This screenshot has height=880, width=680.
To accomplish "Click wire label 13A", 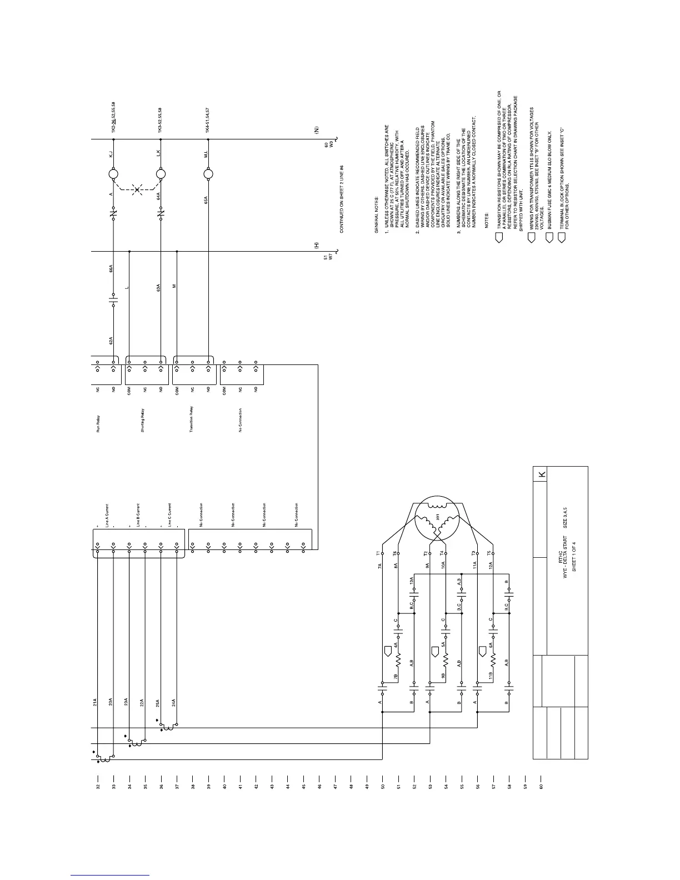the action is click(411, 581).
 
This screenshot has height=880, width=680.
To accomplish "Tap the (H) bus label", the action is click(316, 245).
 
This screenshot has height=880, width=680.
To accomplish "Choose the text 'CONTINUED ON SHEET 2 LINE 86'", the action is click(342, 198).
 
